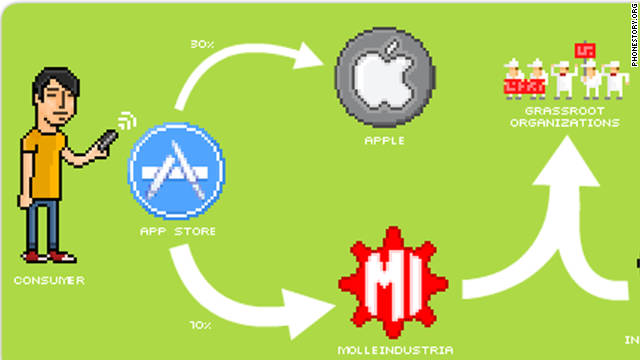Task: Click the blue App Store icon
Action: (176, 171)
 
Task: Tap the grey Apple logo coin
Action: (385, 77)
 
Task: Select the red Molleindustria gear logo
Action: (393, 282)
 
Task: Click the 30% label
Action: (202, 44)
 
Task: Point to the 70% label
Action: (201, 325)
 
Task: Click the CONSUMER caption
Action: (49, 280)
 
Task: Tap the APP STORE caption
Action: (178, 231)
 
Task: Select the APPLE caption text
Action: (384, 141)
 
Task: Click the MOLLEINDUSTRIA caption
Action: (395, 350)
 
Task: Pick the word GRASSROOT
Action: (564, 111)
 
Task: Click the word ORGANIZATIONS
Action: (564, 122)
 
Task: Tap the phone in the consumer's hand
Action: (106, 140)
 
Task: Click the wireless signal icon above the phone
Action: (127, 120)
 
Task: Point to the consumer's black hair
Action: (55, 81)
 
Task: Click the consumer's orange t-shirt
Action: (43, 163)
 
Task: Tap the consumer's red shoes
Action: (49, 257)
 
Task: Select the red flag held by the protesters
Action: (584, 51)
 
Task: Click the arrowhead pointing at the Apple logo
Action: (309, 56)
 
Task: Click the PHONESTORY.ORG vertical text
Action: (635, 35)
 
